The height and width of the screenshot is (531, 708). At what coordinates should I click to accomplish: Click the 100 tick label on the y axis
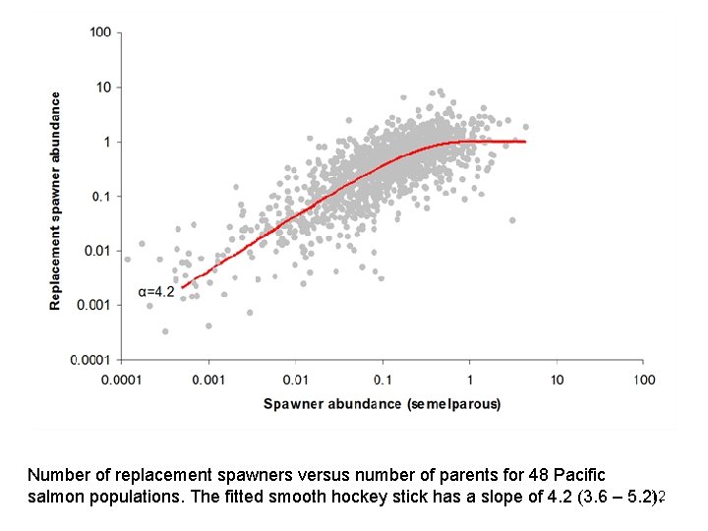click(99, 32)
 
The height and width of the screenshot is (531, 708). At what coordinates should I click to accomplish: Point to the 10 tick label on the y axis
click(102, 88)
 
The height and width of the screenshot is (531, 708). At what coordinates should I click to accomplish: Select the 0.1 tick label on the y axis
click(99, 197)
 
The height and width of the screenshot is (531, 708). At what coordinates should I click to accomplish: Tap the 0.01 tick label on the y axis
click(96, 251)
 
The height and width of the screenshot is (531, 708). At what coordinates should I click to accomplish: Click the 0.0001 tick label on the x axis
click(121, 380)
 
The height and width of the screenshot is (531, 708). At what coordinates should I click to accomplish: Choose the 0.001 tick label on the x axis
click(207, 380)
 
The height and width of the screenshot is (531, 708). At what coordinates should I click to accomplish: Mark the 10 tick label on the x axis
click(556, 380)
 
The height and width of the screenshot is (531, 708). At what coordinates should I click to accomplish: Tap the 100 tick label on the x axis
click(642, 380)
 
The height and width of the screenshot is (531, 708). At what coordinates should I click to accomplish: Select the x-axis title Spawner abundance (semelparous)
click(382, 404)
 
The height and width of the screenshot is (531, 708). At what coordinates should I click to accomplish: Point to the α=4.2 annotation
click(156, 291)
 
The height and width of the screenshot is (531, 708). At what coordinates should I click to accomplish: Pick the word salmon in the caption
click(53, 498)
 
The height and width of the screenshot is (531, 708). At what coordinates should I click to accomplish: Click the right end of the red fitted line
click(526, 142)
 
